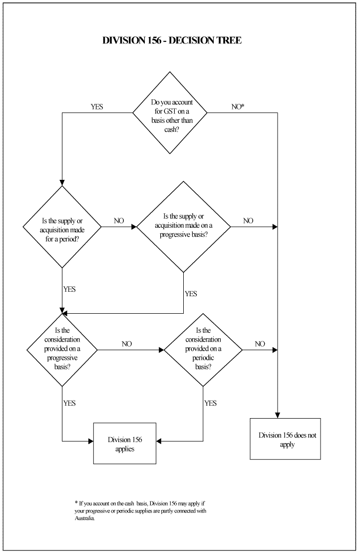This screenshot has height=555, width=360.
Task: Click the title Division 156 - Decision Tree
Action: (x=172, y=40)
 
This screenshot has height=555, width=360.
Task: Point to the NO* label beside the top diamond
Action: (x=238, y=106)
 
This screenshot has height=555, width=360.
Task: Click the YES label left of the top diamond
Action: (x=97, y=106)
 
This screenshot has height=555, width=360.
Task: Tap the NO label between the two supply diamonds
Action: (x=119, y=220)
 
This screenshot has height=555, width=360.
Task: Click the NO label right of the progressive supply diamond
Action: (x=248, y=220)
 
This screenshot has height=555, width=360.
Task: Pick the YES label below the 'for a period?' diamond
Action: (x=70, y=289)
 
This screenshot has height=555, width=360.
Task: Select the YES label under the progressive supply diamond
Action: (x=191, y=294)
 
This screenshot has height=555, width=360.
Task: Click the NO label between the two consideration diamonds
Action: (x=127, y=344)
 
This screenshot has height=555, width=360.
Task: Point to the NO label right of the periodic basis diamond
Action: (x=260, y=344)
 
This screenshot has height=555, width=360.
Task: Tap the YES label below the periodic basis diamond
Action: (x=210, y=403)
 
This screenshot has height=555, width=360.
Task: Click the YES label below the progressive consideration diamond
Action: (x=70, y=403)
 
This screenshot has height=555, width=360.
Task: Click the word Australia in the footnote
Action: (x=84, y=519)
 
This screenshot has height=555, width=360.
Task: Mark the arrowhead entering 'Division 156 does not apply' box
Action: (x=278, y=416)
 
